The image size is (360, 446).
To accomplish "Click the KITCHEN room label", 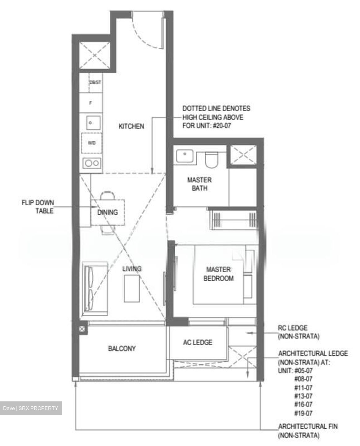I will click(x=131, y=126).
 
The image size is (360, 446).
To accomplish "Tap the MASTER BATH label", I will click(x=199, y=184).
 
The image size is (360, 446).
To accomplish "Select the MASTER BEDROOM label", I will click(x=218, y=274).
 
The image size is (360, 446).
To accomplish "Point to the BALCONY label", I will click(x=122, y=348).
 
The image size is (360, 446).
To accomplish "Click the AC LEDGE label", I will click(x=197, y=342).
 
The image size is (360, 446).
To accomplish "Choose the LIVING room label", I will click(x=132, y=269).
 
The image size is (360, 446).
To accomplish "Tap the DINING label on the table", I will click(x=108, y=212).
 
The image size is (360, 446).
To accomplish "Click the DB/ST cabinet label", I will click(x=95, y=83).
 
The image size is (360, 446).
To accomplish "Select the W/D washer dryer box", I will click(x=92, y=143).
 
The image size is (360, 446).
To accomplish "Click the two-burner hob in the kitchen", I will click(x=92, y=163).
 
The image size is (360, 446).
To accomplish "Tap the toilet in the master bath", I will click(x=212, y=160).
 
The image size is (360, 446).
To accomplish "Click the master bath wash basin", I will click(x=185, y=155).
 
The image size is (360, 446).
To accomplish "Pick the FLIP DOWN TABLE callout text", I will click(x=37, y=207).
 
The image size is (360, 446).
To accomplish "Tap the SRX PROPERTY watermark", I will click(x=31, y=408).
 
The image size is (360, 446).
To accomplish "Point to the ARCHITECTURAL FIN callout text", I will click(x=308, y=431).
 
